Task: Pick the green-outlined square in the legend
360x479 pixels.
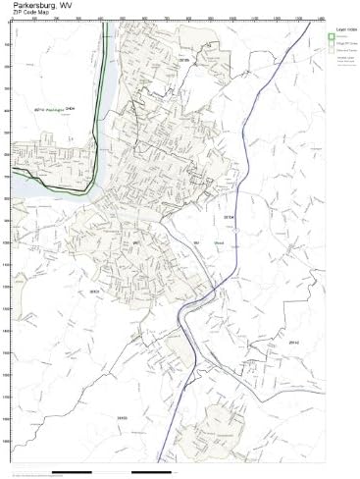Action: point(332,36)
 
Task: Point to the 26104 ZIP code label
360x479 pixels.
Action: point(230,215)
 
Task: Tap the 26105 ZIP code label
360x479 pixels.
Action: point(183,59)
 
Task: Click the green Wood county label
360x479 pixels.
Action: point(219,241)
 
